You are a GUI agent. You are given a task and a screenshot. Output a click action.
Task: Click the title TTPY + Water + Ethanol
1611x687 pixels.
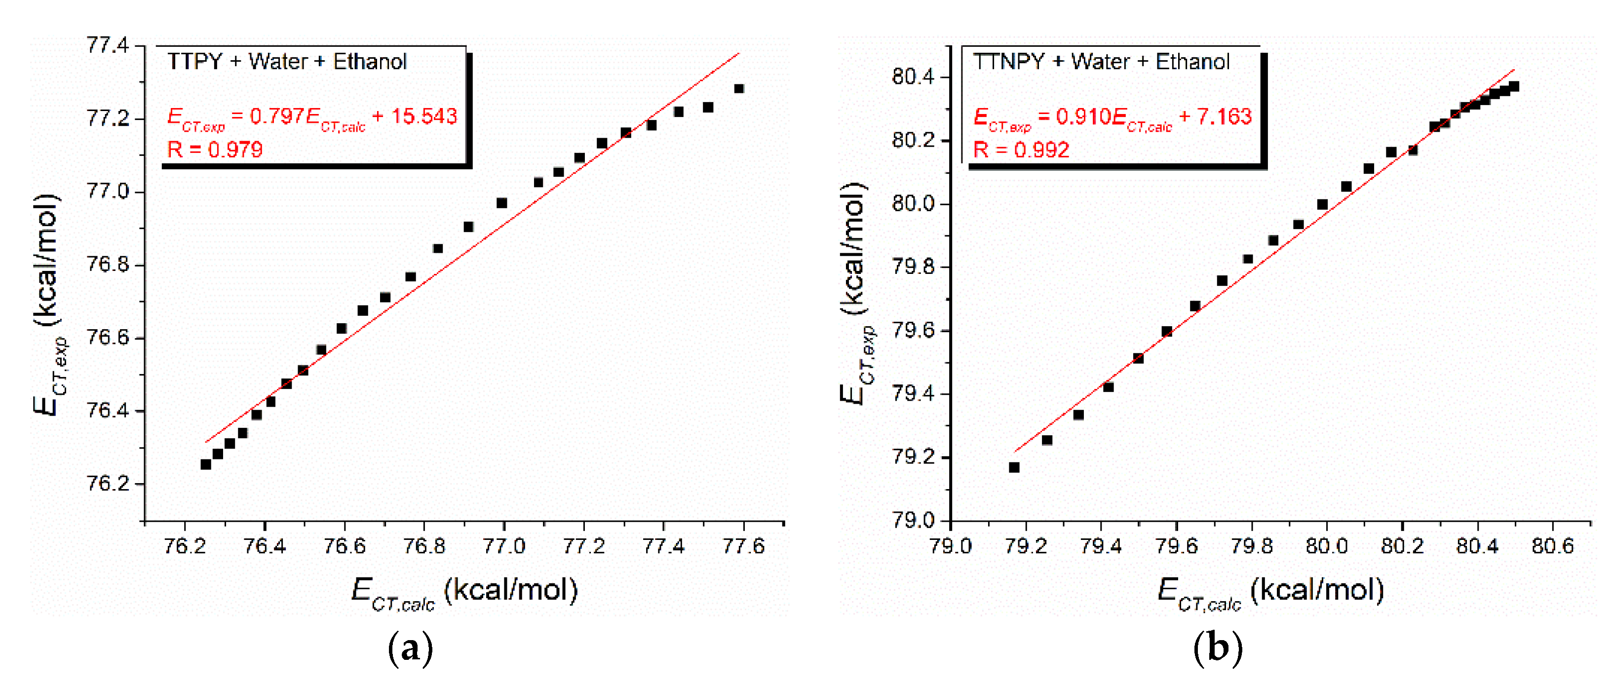(286, 62)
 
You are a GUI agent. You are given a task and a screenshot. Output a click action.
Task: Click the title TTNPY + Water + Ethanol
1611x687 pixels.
(1101, 62)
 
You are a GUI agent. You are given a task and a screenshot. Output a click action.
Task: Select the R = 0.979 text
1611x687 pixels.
(215, 150)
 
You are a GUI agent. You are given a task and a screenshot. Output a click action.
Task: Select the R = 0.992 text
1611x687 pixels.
(1021, 150)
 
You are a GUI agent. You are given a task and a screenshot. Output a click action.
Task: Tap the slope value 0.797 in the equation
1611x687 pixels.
(276, 116)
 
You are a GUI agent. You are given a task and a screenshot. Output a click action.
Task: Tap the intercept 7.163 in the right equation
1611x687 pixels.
(1224, 116)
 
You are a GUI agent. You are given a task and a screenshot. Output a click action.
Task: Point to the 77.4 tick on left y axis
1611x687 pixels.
(107, 45)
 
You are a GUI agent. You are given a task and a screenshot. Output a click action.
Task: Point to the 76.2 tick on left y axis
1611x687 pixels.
(107, 483)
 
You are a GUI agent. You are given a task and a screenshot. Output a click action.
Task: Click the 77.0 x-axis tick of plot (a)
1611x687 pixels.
(503, 546)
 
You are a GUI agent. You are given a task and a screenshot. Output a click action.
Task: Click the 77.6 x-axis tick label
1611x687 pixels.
(743, 546)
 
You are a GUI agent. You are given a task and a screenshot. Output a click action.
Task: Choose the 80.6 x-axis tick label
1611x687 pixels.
(1552, 546)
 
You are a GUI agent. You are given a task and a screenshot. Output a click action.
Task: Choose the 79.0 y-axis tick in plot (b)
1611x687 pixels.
(913, 520)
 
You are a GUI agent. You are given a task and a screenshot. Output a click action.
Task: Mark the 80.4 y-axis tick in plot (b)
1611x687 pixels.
(913, 77)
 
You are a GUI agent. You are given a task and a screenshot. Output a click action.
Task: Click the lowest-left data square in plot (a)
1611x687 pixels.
(206, 464)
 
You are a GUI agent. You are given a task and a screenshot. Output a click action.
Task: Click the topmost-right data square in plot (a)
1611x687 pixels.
(738, 89)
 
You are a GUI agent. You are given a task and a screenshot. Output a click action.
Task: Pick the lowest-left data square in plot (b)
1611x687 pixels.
(1014, 467)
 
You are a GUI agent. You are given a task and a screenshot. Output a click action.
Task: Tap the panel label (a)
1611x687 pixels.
(410, 648)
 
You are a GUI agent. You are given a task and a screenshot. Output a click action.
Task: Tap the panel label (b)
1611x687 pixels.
(1217, 648)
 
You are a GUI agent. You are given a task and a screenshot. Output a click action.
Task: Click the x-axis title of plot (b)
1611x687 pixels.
(1269, 591)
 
